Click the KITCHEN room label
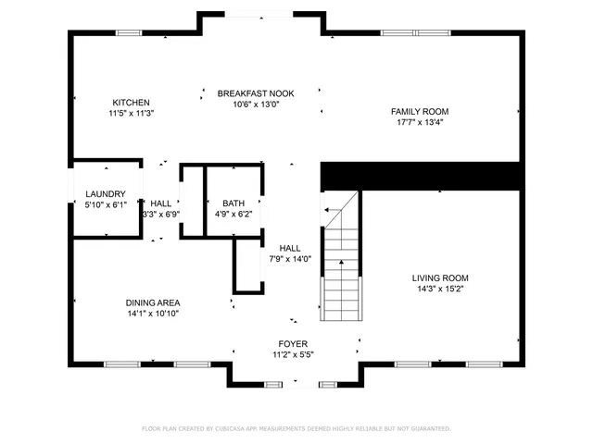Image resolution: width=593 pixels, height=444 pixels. pyautogui.click(x=131, y=103)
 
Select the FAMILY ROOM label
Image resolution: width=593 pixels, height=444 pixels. pyautogui.click(x=420, y=111)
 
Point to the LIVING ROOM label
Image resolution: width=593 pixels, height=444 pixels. pyautogui.click(x=440, y=277)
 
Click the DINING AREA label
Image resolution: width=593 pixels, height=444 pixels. pyautogui.click(x=153, y=302)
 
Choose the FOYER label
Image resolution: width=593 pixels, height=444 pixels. pyautogui.click(x=294, y=344)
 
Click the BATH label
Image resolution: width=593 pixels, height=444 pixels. pyautogui.click(x=233, y=203)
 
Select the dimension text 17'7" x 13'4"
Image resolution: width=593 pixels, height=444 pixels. pyautogui.click(x=420, y=122)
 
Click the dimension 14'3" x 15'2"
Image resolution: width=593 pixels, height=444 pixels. pyautogui.click(x=440, y=289)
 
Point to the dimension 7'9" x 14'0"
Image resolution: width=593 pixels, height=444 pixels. pyautogui.click(x=290, y=259)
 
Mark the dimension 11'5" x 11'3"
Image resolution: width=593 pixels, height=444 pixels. pyautogui.click(x=131, y=114)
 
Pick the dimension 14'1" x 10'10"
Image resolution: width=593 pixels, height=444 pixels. pyautogui.click(x=153, y=314)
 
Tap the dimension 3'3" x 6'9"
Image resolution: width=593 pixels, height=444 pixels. pyautogui.click(x=160, y=214)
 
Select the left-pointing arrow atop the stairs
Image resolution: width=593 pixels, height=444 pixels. pyautogui.click(x=329, y=210)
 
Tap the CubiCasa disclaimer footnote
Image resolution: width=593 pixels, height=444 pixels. pyautogui.click(x=296, y=428)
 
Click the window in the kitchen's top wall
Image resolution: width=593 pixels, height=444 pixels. pyautogui.click(x=129, y=33)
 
